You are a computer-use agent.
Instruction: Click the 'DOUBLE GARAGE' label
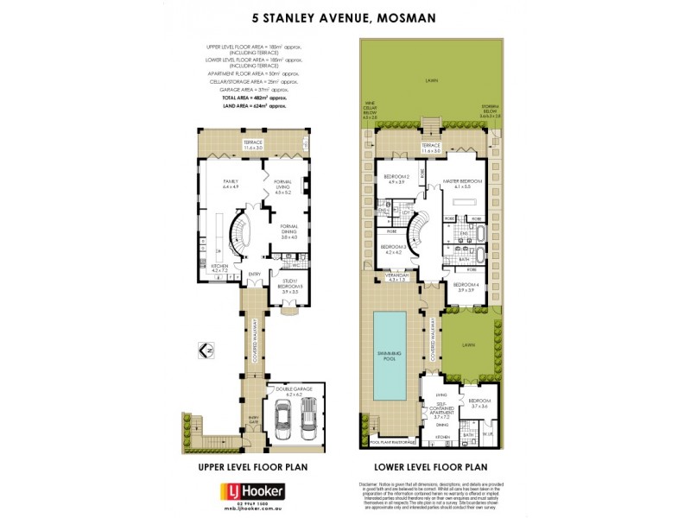(295, 391)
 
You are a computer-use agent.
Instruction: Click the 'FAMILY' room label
(230, 183)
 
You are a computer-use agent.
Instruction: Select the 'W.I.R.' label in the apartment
(487, 434)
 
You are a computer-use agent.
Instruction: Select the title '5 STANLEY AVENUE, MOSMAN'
(345, 16)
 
